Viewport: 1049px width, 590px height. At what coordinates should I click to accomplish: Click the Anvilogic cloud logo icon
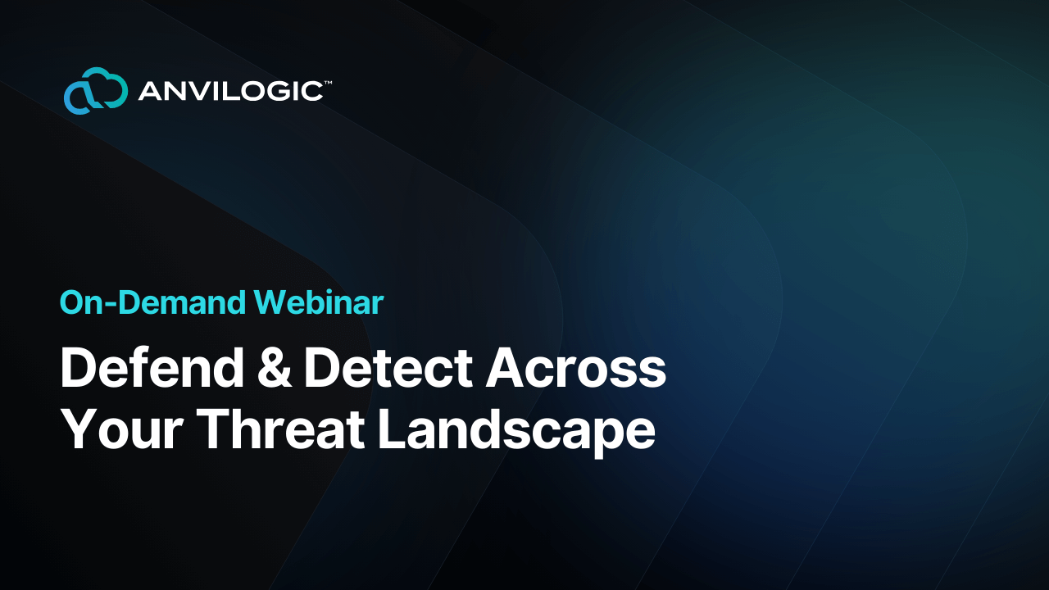pyautogui.click(x=95, y=90)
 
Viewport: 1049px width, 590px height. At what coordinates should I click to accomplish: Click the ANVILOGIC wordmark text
pyautogui.click(x=229, y=91)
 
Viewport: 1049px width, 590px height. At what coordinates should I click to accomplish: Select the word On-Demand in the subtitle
pyautogui.click(x=152, y=303)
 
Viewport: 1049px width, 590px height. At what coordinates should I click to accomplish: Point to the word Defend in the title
pyautogui.click(x=152, y=369)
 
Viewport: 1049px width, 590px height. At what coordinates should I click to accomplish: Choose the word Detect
pyautogui.click(x=388, y=369)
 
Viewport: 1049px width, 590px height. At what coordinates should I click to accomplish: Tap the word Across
pyautogui.click(x=575, y=369)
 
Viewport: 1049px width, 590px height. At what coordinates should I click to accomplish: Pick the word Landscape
pyautogui.click(x=516, y=429)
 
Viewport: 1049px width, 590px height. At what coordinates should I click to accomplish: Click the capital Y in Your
pyautogui.click(x=77, y=429)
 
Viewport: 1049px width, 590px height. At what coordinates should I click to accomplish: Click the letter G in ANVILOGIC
pyautogui.click(x=279, y=91)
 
